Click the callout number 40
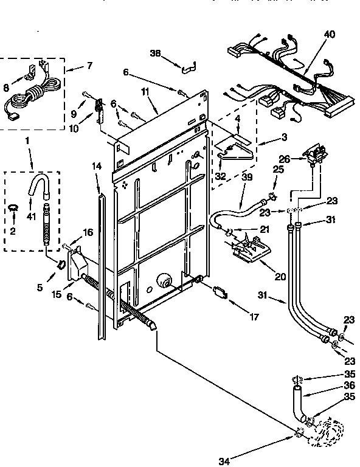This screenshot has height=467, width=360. tap(329, 35)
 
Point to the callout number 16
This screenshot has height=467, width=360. tap(88, 232)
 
